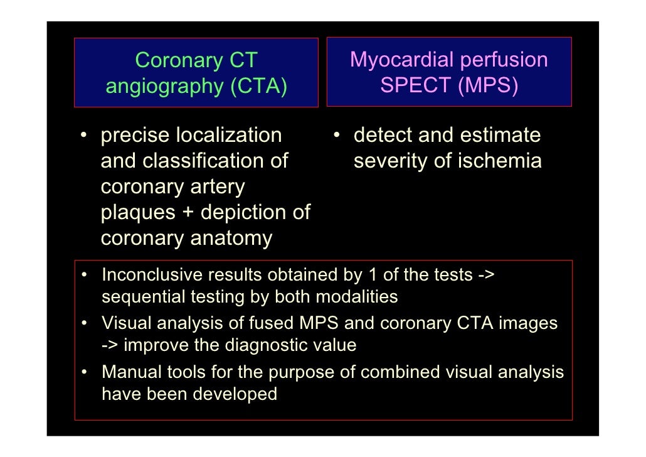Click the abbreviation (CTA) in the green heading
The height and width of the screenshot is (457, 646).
258,86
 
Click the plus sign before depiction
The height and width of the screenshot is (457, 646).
188,213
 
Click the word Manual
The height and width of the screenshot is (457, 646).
129,373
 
